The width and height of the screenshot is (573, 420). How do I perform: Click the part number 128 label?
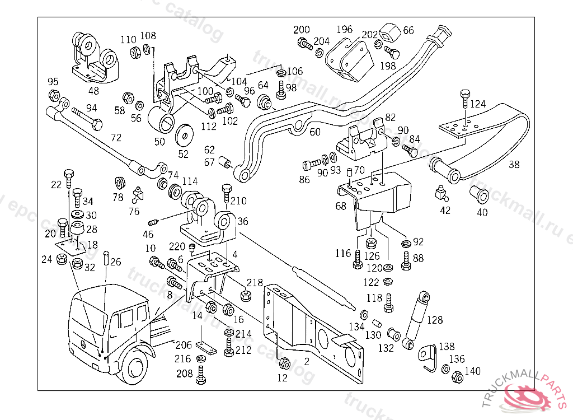click(435, 320)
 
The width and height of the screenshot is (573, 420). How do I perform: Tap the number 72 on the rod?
click(116, 138)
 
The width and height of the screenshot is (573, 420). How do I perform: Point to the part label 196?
click(344, 29)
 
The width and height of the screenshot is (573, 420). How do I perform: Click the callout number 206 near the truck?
click(184, 345)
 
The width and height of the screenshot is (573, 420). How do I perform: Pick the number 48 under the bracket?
click(93, 90)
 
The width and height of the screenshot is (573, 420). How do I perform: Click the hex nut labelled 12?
click(283, 363)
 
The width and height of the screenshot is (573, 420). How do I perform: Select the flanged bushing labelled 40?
click(480, 194)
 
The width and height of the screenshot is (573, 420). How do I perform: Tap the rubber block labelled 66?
click(389, 35)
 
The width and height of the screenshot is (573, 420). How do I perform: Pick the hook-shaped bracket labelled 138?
click(428, 356)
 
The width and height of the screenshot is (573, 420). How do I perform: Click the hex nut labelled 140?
click(456, 376)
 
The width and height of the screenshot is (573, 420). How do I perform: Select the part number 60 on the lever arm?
click(315, 132)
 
